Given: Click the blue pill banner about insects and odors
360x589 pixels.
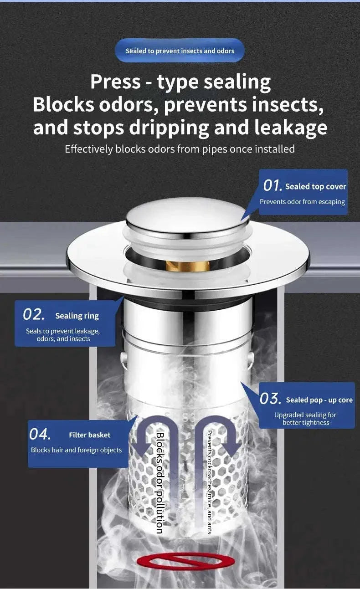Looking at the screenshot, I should (x=180, y=51).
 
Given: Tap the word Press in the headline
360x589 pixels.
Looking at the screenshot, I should (x=115, y=82).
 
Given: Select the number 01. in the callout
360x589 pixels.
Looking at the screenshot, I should (x=273, y=186).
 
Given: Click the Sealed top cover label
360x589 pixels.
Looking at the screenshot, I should (x=315, y=186).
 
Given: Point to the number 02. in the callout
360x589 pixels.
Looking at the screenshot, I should (x=34, y=315).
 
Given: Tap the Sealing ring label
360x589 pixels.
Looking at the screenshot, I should (x=77, y=316).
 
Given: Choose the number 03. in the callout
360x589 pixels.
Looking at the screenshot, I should (x=270, y=399).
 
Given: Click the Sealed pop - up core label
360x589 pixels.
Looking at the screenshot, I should (x=319, y=400).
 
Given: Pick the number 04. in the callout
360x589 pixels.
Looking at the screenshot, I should (x=40, y=435).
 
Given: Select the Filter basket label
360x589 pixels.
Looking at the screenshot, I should (x=89, y=435).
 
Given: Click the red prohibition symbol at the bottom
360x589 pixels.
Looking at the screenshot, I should (x=185, y=561).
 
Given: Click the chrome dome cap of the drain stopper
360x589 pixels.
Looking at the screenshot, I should (x=187, y=218).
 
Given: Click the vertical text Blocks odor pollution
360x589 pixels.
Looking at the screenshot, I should (x=160, y=483).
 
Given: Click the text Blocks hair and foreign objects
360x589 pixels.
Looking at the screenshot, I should (x=76, y=450).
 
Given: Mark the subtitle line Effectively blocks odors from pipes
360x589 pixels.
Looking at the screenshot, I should (x=180, y=149).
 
